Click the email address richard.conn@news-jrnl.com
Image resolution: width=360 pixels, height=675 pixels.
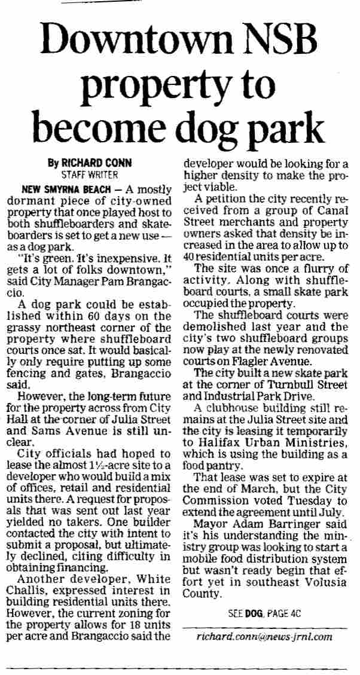264,636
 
